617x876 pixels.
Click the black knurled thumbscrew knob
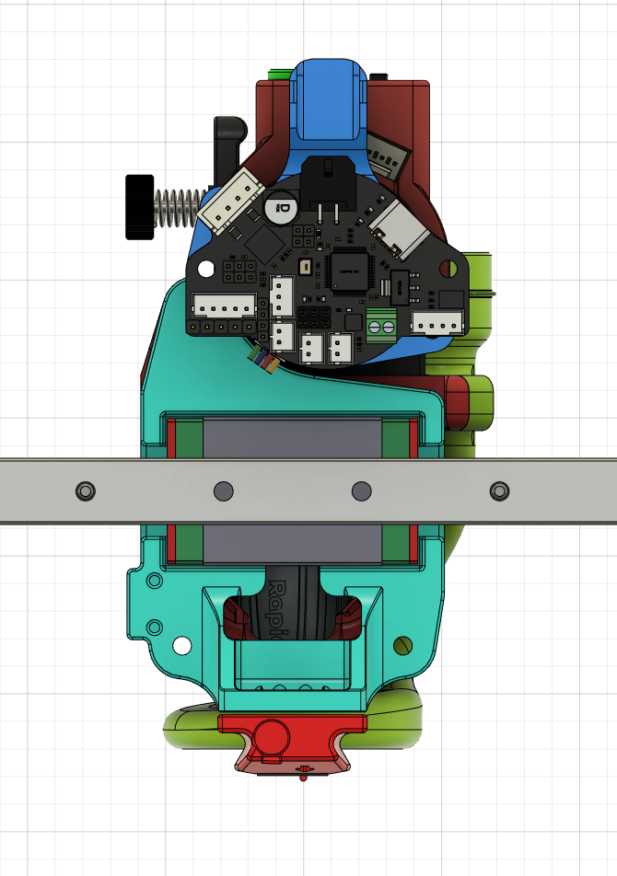pos(139,206)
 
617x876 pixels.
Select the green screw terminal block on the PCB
pos(381,324)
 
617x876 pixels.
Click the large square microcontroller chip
pos(350,272)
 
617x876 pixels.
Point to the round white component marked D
pos(281,207)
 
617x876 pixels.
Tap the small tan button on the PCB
pos(305,267)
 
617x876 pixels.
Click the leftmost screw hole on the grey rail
pos(85,490)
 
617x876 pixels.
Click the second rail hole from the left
pos(224,490)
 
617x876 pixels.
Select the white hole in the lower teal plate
pos(180,646)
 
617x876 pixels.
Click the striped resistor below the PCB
pos(264,361)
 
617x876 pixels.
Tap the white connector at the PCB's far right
pos(437,324)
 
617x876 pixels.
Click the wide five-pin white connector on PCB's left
pos(224,307)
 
